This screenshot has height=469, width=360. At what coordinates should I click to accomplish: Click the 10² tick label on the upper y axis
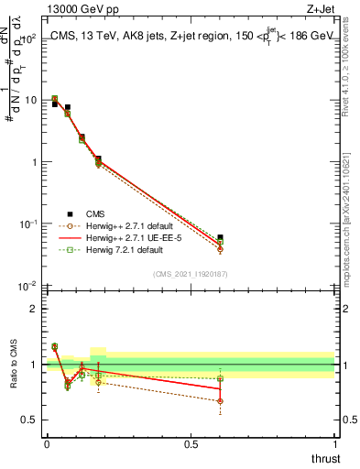tap(28, 38)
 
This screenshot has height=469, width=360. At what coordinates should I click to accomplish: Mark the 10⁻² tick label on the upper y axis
tap(27, 286)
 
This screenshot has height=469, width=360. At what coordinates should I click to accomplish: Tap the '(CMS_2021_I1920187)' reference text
tap(190, 274)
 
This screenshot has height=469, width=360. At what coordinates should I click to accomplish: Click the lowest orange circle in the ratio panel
tap(220, 401)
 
